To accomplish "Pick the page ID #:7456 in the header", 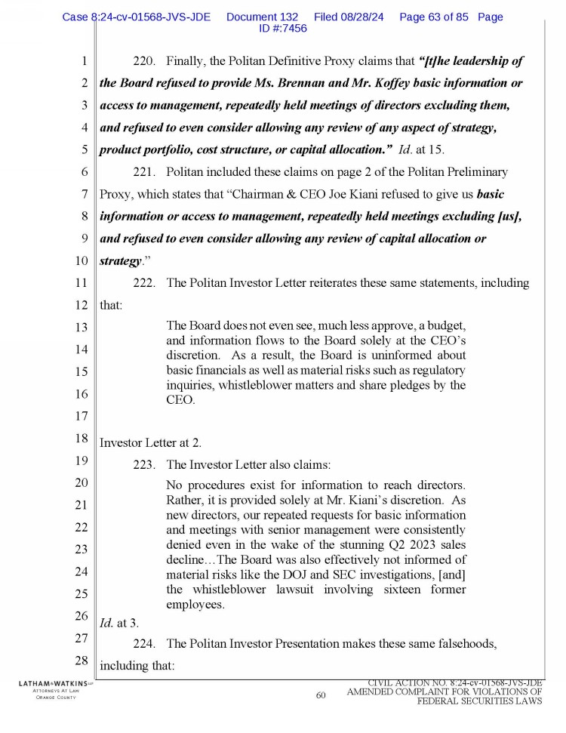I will tap(283, 28).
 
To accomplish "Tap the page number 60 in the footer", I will tap(321, 695).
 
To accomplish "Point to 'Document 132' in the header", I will tap(262, 17).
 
